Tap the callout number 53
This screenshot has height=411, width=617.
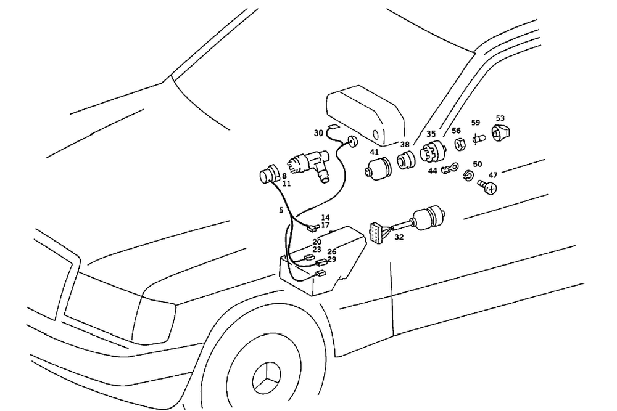click(500, 118)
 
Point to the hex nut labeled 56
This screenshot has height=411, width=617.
click(459, 145)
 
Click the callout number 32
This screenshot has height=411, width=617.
click(399, 237)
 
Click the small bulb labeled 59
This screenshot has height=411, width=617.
click(477, 139)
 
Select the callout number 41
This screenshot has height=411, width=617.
click(375, 152)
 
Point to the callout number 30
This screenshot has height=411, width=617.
click(318, 132)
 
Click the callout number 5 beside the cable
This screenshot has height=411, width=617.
click(281, 210)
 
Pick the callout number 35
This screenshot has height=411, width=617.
click(431, 134)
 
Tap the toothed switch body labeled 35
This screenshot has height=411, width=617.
click(431, 152)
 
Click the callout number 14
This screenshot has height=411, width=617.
click(325, 218)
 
